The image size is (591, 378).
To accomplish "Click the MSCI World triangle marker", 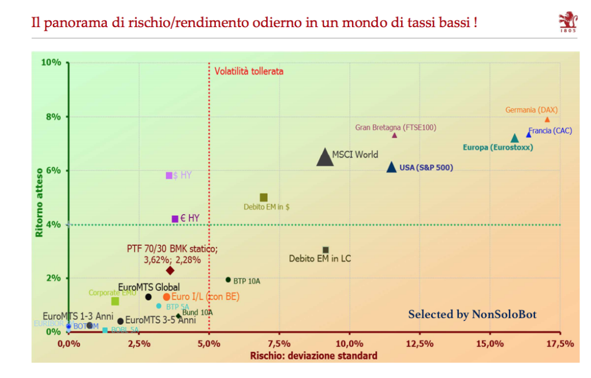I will [x=326, y=158].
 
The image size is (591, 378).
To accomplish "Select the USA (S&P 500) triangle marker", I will [x=391, y=167].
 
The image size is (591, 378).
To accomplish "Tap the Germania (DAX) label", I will [x=532, y=110].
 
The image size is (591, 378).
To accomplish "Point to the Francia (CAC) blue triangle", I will [x=528, y=134].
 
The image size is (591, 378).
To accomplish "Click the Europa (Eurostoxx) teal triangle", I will [x=515, y=139].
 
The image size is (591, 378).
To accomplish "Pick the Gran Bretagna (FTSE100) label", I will [x=396, y=127].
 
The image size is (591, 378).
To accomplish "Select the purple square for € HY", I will [x=175, y=219].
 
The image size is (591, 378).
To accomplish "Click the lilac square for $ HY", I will [x=169, y=175].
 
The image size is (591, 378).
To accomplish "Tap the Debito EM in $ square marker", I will [x=264, y=197].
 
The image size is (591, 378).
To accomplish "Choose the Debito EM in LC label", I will [x=320, y=259].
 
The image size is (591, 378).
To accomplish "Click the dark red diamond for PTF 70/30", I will [x=170, y=270].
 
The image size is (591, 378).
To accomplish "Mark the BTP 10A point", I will [x=228, y=280].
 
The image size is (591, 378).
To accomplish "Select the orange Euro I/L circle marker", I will [x=167, y=297].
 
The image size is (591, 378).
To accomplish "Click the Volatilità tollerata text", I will [x=249, y=72].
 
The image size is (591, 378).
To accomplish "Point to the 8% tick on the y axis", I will [x=53, y=117].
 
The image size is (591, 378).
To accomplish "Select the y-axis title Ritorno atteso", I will [x=39, y=203].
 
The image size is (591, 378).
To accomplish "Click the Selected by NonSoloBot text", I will [x=472, y=315].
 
